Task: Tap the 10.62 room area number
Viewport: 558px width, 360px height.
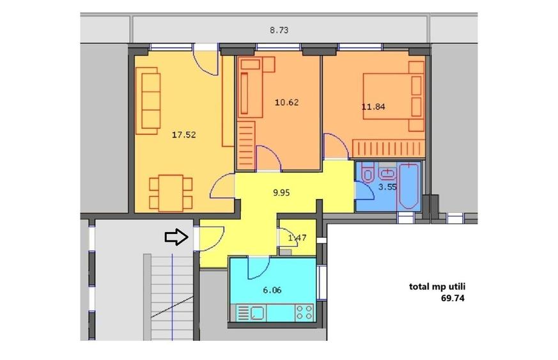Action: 286,102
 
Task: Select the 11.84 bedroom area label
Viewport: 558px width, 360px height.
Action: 373,107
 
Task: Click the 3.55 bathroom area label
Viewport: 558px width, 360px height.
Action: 388,187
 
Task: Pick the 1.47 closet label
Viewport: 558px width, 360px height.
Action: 297,238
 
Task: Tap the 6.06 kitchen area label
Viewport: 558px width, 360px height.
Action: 272,289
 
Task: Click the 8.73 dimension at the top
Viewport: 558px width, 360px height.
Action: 279,29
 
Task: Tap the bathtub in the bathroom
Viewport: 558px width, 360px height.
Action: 408,187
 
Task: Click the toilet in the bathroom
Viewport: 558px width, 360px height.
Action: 368,173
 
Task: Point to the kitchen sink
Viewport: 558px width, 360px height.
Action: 258,313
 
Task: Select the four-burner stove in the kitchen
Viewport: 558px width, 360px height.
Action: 304,313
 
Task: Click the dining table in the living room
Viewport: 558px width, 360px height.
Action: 171,192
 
